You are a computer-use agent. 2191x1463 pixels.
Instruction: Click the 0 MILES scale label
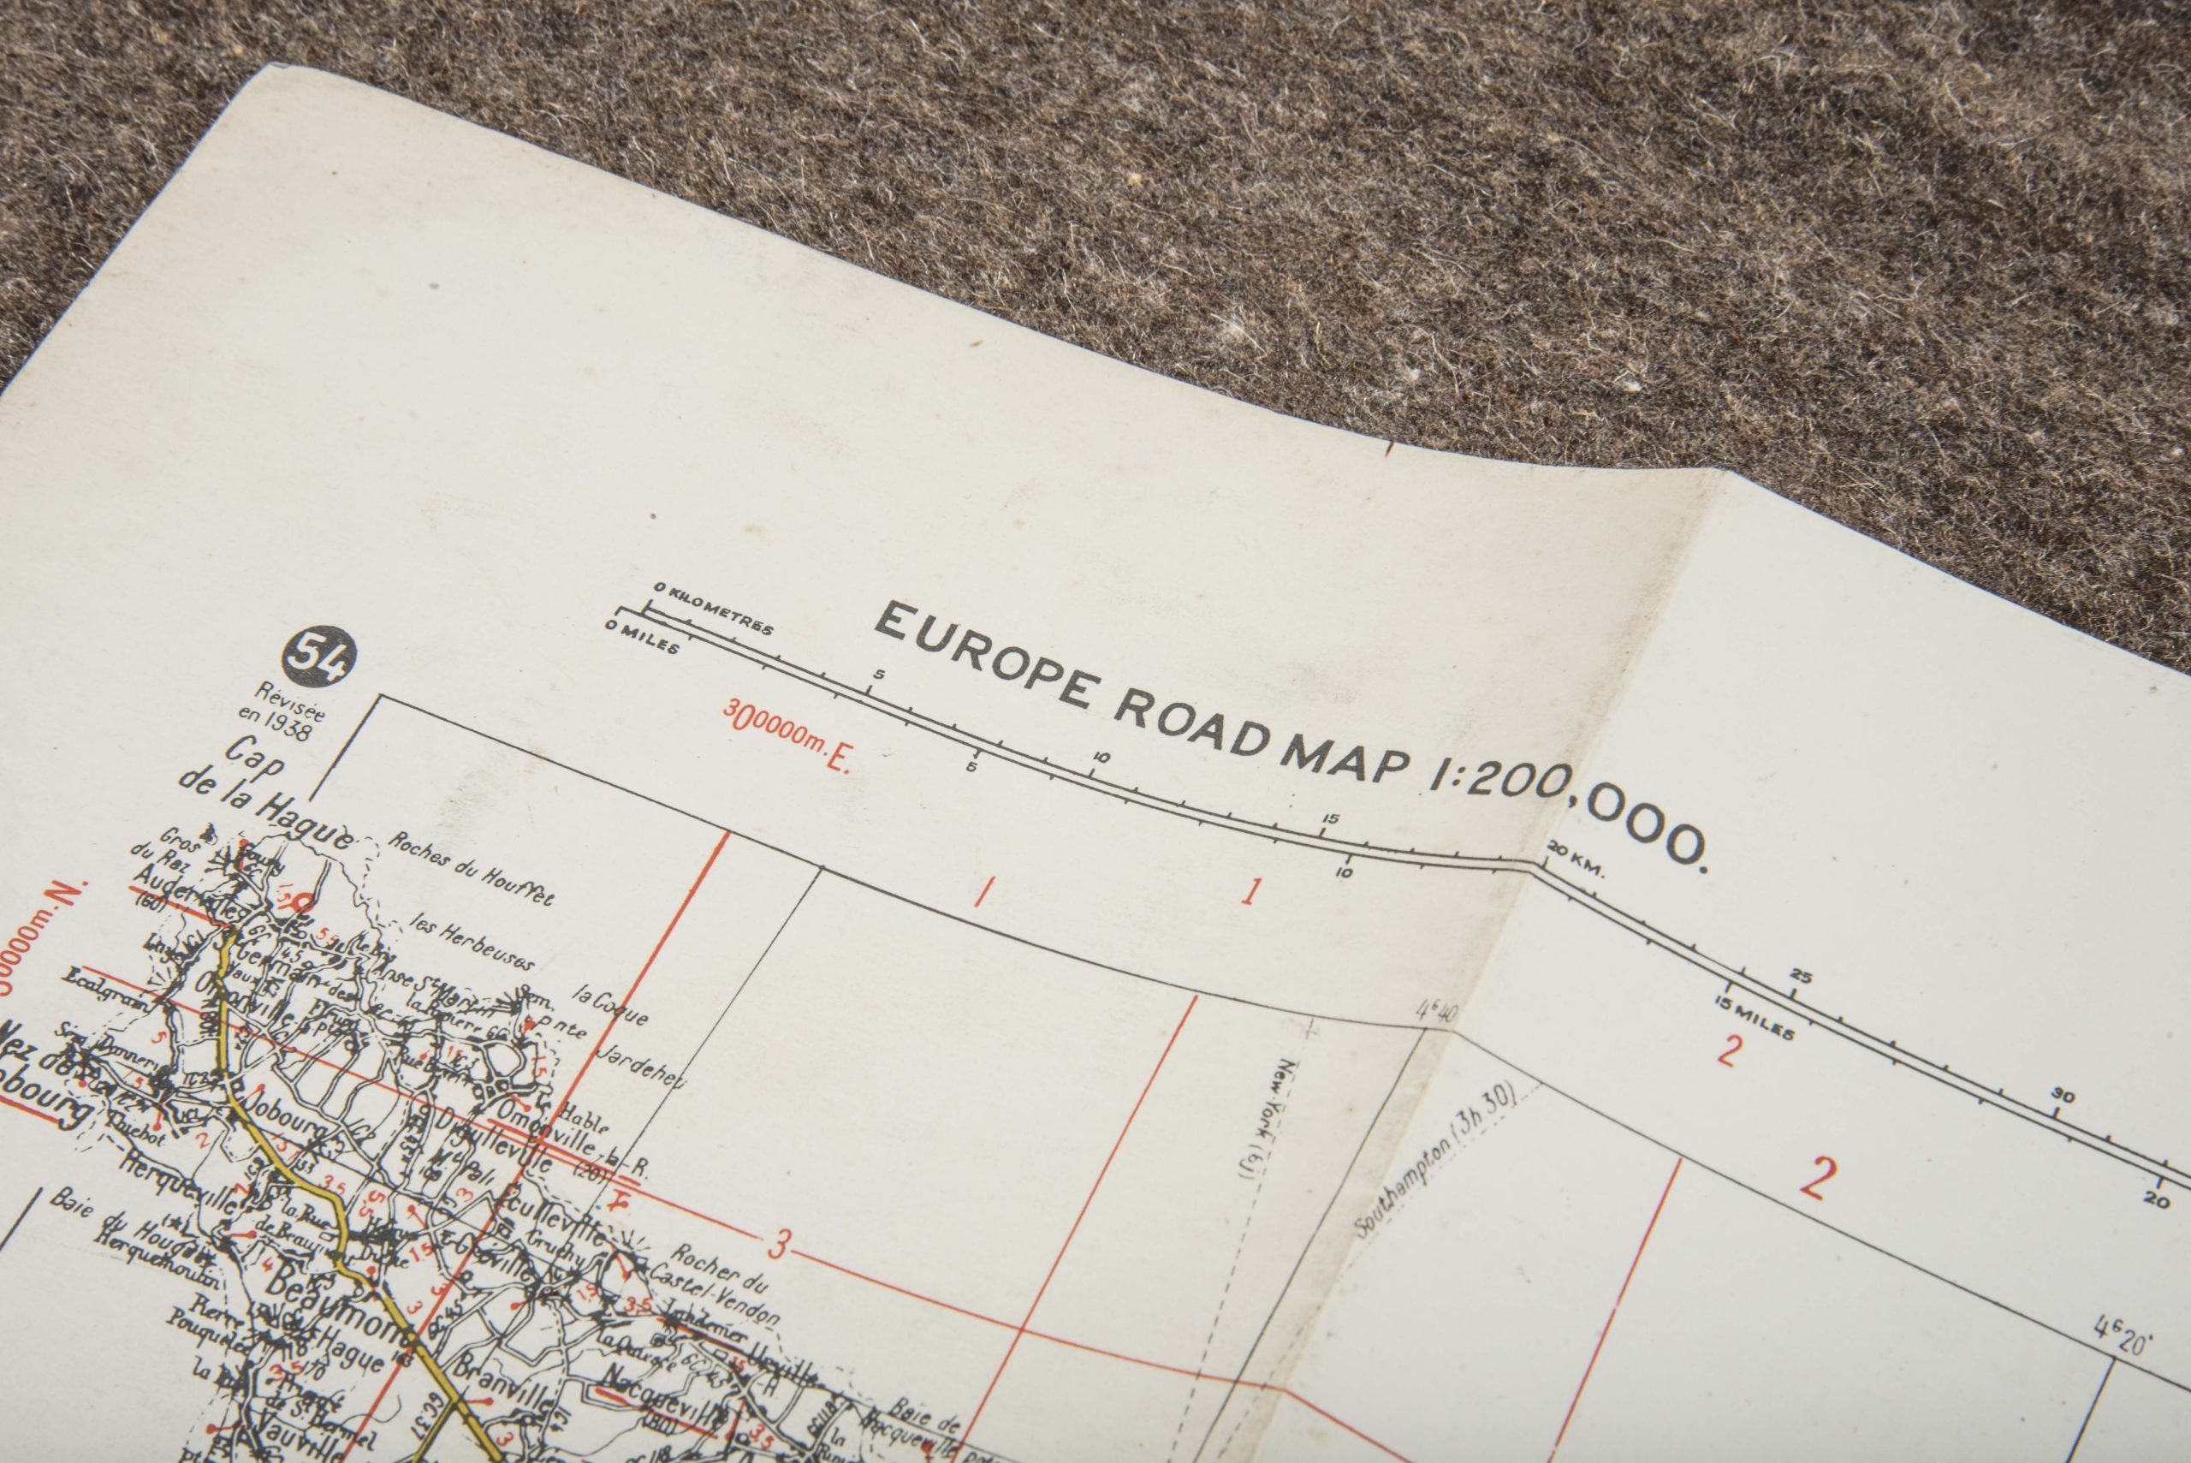click(x=643, y=637)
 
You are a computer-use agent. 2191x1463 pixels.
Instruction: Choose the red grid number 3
click(x=780, y=1244)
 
